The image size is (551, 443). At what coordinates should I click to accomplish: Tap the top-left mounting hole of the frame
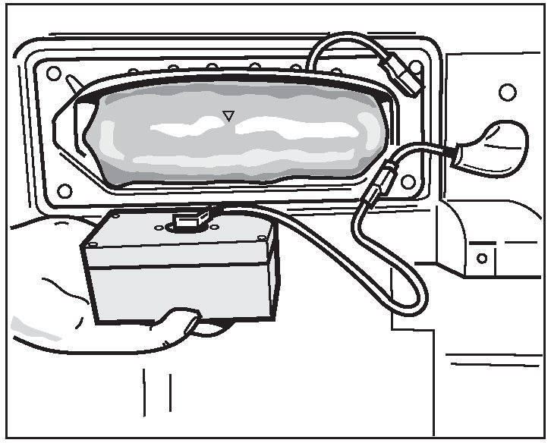(x=54, y=74)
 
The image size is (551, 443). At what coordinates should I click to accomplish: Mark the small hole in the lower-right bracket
(x=481, y=258)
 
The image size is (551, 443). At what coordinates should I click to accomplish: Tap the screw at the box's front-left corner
(x=93, y=243)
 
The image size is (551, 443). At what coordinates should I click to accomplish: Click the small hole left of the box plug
(x=159, y=228)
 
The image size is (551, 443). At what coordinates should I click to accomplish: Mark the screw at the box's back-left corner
(x=115, y=215)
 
